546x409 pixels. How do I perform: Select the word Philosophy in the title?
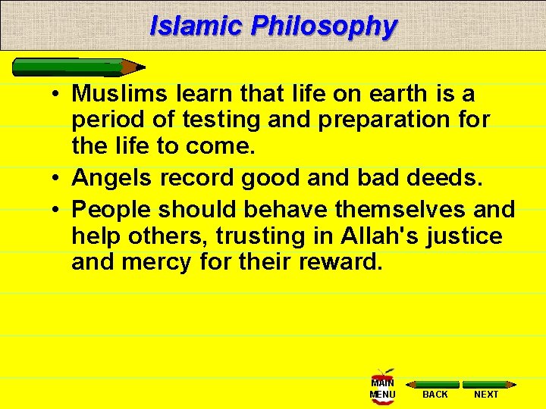(x=324, y=26)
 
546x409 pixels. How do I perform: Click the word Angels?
(x=113, y=178)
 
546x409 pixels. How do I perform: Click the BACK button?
(x=435, y=389)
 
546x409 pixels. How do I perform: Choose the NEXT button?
(x=486, y=389)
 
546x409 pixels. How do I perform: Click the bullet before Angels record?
(x=58, y=179)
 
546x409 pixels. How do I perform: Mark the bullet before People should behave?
(x=58, y=208)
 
